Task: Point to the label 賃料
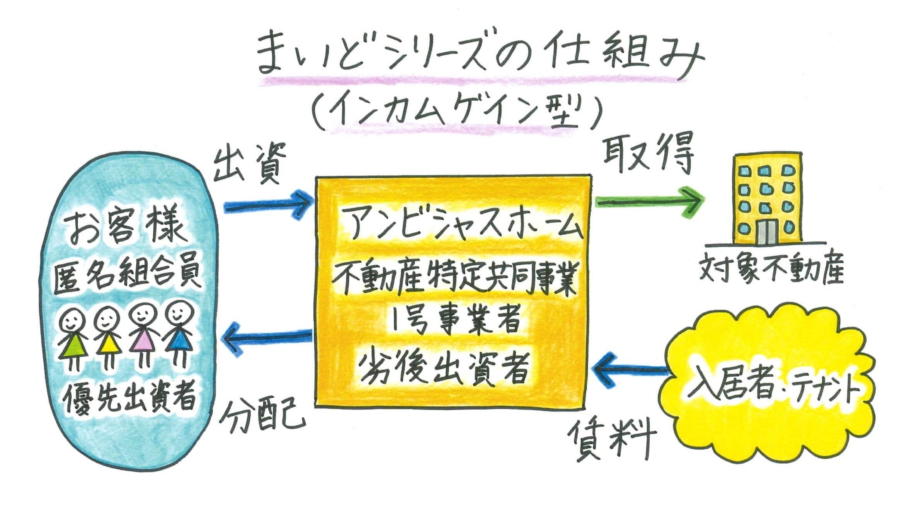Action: pos(612,439)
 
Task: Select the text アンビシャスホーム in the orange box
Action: pos(462,224)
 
